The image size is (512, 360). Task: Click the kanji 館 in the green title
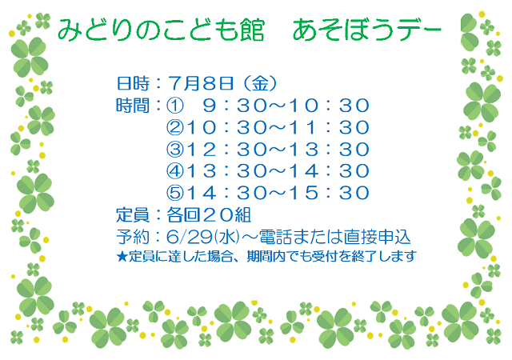pos(252,30)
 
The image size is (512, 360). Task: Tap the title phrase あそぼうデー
pos(366,30)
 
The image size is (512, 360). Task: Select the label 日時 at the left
pos(133,83)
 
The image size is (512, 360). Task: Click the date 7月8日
pos(201,83)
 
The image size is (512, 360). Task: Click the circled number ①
pos(175,106)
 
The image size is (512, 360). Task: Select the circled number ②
pos(175,127)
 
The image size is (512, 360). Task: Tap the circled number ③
pos(175,150)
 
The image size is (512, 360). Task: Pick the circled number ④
pos(175,171)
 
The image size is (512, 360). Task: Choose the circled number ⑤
pos(175,193)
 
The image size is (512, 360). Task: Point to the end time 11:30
pos(329,127)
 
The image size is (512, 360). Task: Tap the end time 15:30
pos(329,193)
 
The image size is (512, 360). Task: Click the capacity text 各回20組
pos(209,215)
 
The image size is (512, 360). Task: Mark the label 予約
pos(133,237)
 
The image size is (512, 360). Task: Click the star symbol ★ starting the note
pos(122,257)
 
